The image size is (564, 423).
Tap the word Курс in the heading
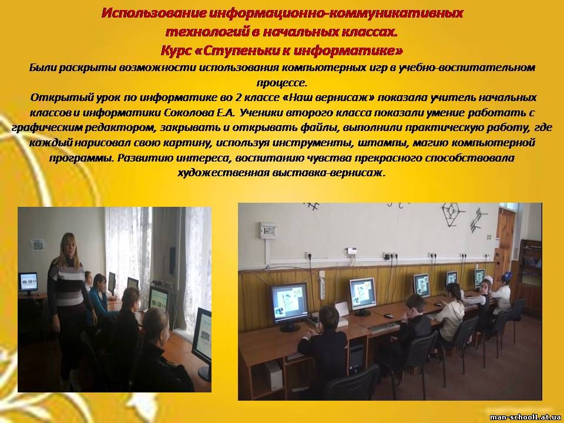tap(175, 51)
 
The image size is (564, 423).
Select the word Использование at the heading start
tap(153, 14)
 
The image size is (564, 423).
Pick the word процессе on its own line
tap(282, 83)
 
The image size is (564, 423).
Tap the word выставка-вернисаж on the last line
tap(329, 173)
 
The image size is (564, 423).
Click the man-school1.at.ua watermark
tap(525, 417)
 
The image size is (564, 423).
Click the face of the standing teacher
tap(68, 245)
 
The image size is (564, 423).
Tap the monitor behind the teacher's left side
tap(28, 283)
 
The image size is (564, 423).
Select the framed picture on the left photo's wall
tap(37, 244)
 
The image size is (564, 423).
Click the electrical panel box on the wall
tap(268, 230)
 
